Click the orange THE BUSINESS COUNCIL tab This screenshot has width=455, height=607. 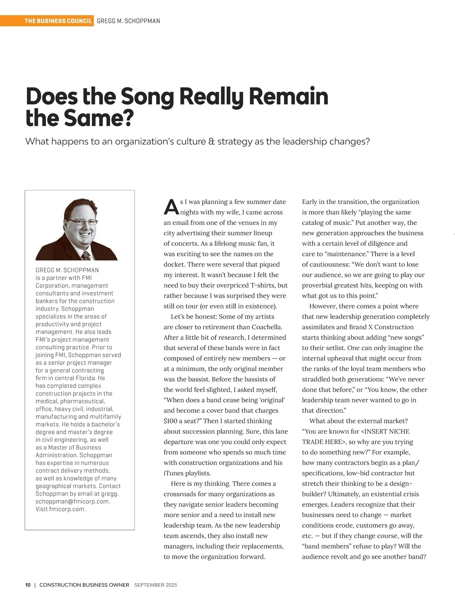[x=58, y=21]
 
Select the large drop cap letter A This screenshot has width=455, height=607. [x=171, y=207]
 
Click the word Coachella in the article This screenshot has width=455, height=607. [x=267, y=327]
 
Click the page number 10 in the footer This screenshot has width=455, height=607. [x=28, y=585]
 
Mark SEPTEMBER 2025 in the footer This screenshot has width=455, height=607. [x=155, y=585]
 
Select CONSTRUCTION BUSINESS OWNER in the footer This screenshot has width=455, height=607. [x=84, y=585]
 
